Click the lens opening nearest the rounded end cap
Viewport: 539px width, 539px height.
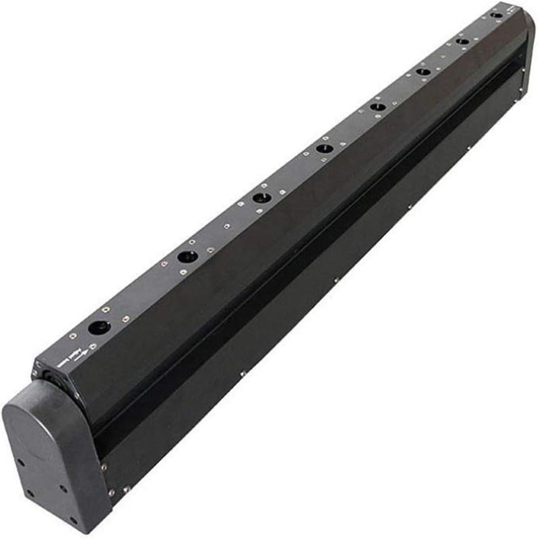click(99, 328)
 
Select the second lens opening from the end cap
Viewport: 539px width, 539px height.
click(187, 257)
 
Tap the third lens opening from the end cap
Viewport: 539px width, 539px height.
click(261, 197)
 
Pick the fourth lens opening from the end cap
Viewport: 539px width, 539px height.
click(325, 148)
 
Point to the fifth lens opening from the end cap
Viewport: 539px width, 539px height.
click(378, 106)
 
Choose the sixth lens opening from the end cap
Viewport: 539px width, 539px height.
click(423, 71)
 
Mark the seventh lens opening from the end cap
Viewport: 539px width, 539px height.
click(462, 41)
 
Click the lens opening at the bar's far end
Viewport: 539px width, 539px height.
click(497, 14)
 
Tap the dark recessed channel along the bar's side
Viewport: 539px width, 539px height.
click(303, 256)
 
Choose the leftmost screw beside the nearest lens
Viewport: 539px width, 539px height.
click(72, 335)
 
